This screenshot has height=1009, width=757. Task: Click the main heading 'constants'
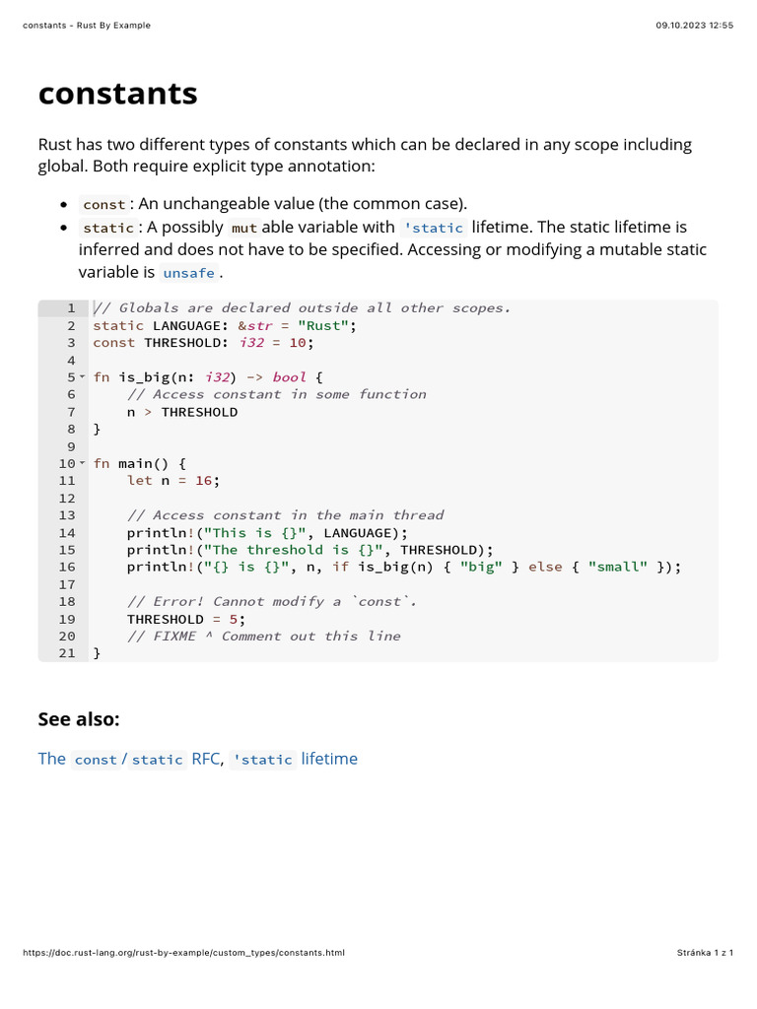(x=117, y=94)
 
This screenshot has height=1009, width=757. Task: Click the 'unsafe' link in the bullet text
(x=188, y=273)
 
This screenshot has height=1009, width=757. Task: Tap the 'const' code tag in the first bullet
(x=103, y=204)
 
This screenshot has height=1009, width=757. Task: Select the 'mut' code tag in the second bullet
(x=244, y=228)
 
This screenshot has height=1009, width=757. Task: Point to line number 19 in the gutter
(x=66, y=619)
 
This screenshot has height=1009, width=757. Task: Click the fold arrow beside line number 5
(x=82, y=377)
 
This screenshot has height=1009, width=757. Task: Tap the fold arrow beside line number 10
(x=82, y=463)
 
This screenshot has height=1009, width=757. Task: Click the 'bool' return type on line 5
(x=289, y=377)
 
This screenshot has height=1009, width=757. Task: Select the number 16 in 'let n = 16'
(x=203, y=481)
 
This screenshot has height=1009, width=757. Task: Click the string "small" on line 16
(x=618, y=567)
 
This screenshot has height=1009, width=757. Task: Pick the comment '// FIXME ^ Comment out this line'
(x=263, y=636)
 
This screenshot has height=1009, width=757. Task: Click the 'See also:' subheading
(x=79, y=719)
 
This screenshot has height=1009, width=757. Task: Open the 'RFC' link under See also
(x=206, y=759)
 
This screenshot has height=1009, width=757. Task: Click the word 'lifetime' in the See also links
(x=329, y=759)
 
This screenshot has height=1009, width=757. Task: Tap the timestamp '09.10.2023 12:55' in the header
(x=695, y=26)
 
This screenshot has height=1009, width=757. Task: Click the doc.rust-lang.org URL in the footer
(x=183, y=953)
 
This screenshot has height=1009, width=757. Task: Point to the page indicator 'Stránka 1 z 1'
(x=705, y=953)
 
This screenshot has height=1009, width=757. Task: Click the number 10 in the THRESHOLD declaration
(x=297, y=343)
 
